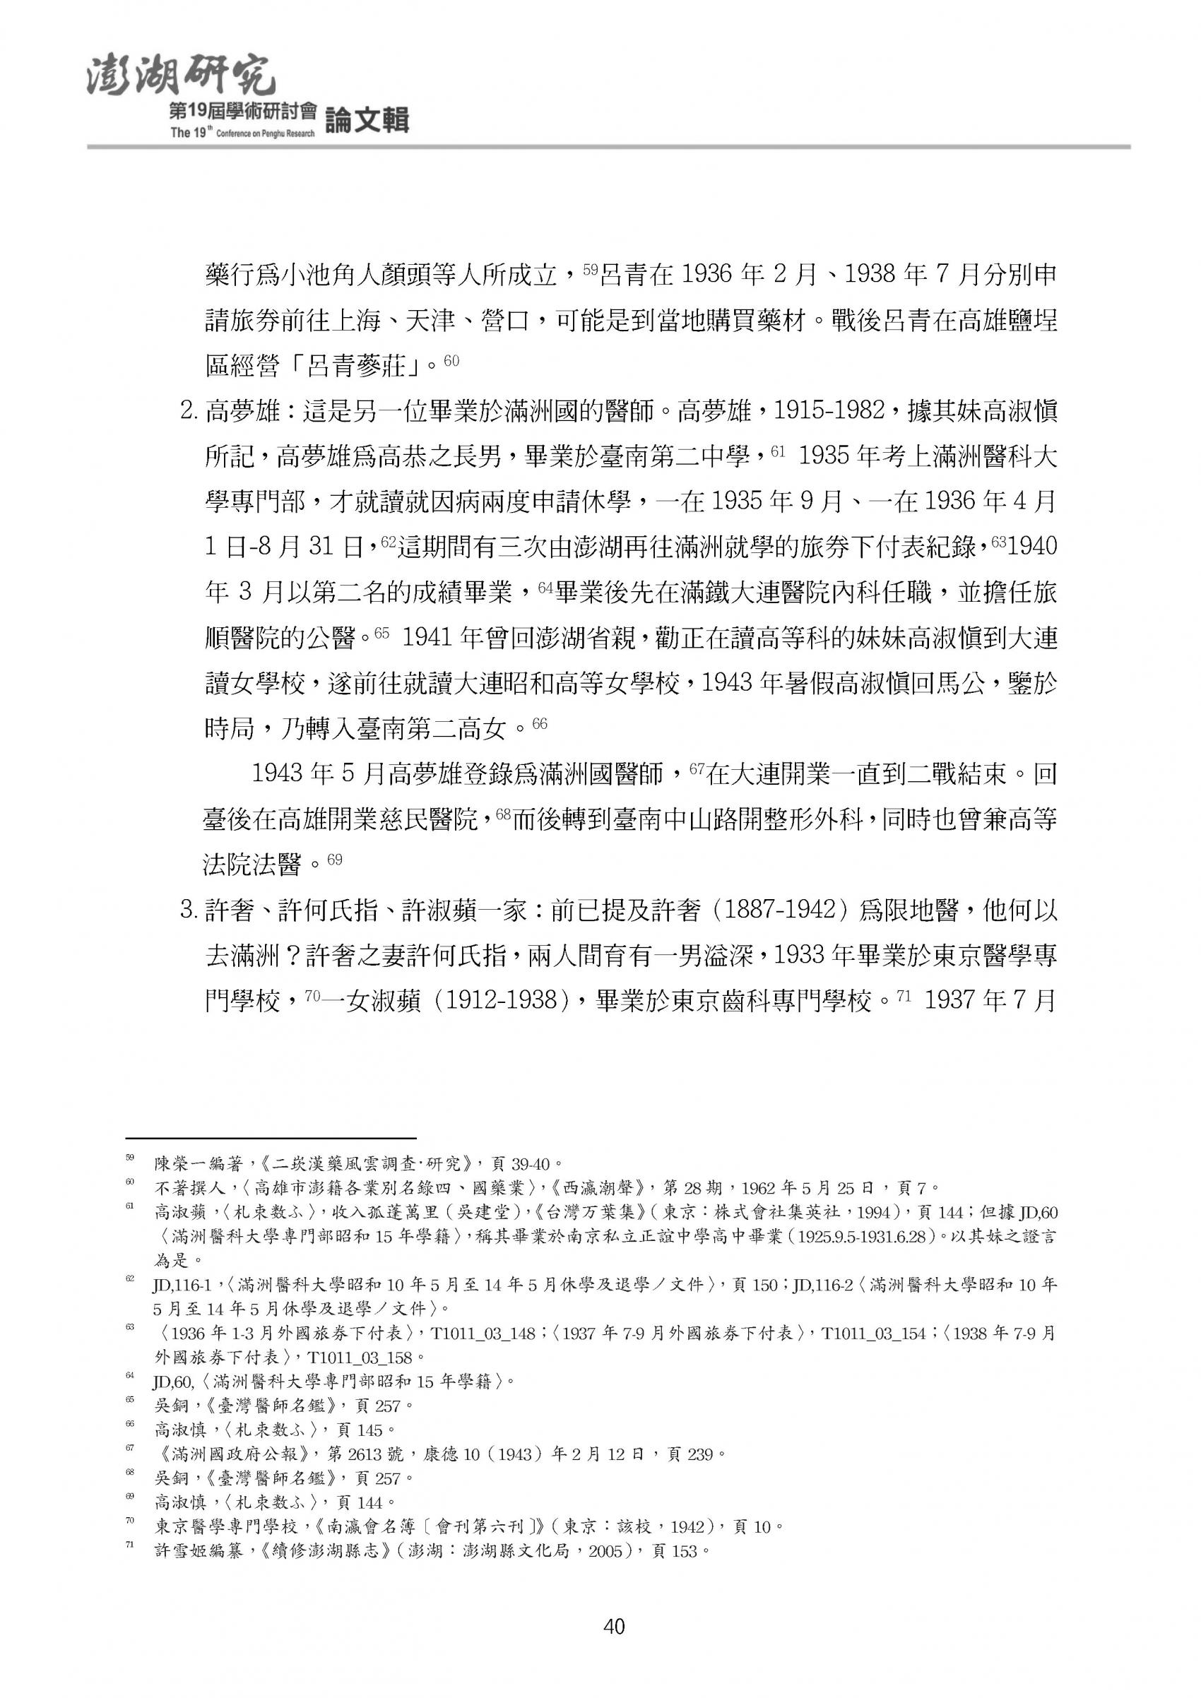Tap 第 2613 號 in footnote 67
click(x=365, y=1476)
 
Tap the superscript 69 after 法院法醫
click(x=334, y=860)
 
